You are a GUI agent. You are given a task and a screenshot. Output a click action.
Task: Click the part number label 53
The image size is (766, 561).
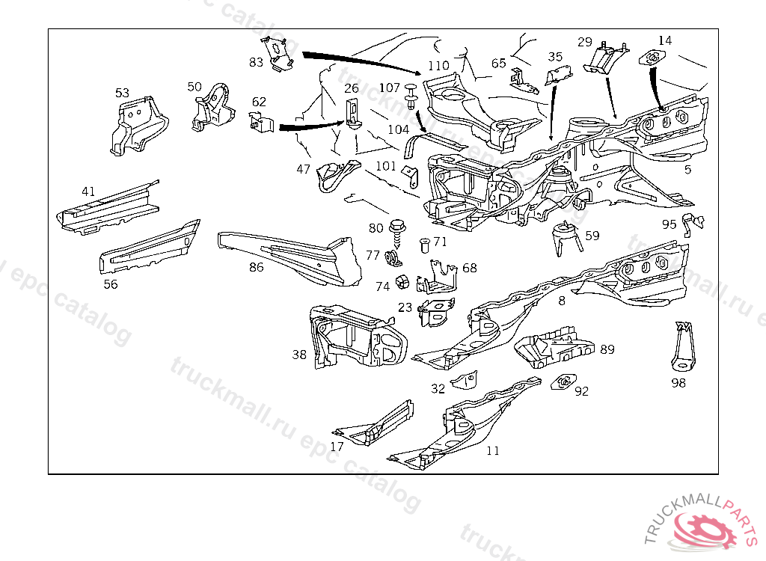122,93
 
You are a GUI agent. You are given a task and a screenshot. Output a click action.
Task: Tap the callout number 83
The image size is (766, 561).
257,62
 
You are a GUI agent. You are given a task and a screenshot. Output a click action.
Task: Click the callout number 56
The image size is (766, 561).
111,283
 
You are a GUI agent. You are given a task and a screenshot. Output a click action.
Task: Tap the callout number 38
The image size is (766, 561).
299,355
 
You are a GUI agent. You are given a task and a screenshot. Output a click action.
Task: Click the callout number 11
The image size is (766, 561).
492,450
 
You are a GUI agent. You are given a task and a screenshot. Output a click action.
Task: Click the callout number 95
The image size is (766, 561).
669,224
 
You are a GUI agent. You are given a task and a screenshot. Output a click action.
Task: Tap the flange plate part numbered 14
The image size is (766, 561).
652,57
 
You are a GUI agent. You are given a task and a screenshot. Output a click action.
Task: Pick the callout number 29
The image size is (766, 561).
585,42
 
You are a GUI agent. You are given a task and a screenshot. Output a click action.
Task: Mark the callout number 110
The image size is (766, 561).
438,65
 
